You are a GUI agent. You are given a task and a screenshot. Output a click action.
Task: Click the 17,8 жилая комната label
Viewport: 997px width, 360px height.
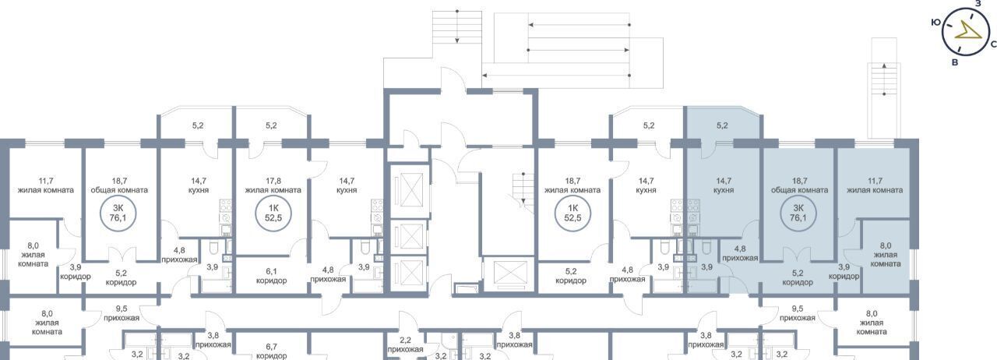[273, 185]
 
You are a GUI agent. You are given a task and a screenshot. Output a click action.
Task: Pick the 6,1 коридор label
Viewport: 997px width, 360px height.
[271, 276]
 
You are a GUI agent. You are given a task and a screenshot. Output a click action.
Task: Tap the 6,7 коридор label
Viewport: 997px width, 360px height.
[272, 351]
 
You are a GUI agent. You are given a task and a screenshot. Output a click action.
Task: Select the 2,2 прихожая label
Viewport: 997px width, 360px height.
[405, 345]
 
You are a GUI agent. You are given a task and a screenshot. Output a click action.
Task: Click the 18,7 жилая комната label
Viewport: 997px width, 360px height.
[572, 185]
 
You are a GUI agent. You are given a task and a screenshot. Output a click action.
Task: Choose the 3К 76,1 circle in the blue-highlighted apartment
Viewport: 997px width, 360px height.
[798, 214]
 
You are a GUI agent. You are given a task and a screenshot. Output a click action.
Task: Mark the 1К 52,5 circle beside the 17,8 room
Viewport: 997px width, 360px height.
[273, 214]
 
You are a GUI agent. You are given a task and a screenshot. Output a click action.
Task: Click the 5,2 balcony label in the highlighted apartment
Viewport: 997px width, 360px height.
[722, 125]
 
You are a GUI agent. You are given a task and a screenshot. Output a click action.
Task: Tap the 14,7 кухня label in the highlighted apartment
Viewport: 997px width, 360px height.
[724, 185]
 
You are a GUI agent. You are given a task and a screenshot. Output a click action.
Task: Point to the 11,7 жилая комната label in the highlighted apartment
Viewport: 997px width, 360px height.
[875, 185]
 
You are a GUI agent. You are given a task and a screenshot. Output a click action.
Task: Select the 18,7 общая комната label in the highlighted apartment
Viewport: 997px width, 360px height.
[799, 185]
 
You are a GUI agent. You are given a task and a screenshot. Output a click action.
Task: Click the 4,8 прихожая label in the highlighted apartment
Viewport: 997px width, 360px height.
[740, 253]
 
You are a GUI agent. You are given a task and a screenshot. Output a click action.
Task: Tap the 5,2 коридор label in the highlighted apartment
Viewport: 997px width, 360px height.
[798, 277]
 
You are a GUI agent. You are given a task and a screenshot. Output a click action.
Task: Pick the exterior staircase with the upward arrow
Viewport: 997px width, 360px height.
[884, 101]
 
